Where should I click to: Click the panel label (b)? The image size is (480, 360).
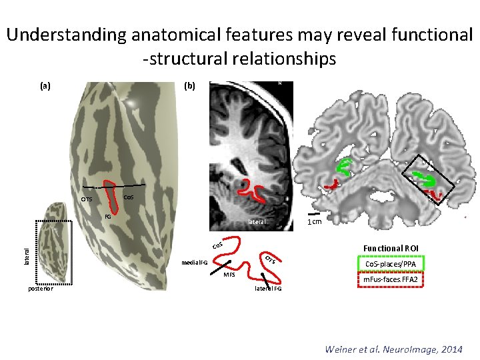pyautogui.click(x=189, y=86)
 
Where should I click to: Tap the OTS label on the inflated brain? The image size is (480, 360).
pyautogui.click(x=87, y=199)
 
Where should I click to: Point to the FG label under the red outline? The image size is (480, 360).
pyautogui.click(x=107, y=217)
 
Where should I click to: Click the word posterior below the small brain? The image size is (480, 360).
pyautogui.click(x=41, y=289)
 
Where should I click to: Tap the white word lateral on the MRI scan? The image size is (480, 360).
pyautogui.click(x=256, y=221)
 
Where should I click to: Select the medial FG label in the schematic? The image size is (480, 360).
pyautogui.click(x=195, y=262)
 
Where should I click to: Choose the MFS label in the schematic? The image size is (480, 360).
pyautogui.click(x=229, y=274)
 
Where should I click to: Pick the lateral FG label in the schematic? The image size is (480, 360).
pyautogui.click(x=268, y=289)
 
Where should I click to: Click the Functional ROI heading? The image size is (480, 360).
pyautogui.click(x=391, y=248)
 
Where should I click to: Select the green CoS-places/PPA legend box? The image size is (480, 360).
pyautogui.click(x=391, y=264)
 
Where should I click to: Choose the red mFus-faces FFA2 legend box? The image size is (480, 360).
pyautogui.click(x=391, y=279)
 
